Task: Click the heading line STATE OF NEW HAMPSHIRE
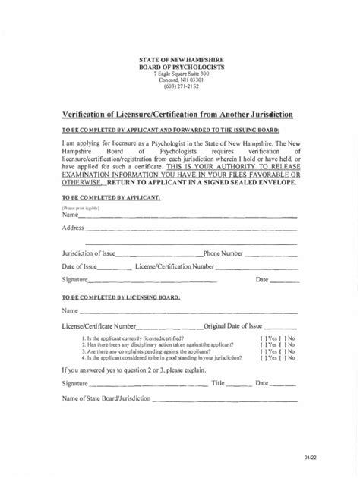pos(180,59)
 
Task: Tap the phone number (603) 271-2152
pos(180,86)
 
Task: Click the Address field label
pos(73,228)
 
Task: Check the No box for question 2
pos(282,344)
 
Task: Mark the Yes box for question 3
pos(263,351)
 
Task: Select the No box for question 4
pos(282,357)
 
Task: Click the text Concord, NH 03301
pos(180,79)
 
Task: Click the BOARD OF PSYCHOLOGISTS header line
pos(180,66)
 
